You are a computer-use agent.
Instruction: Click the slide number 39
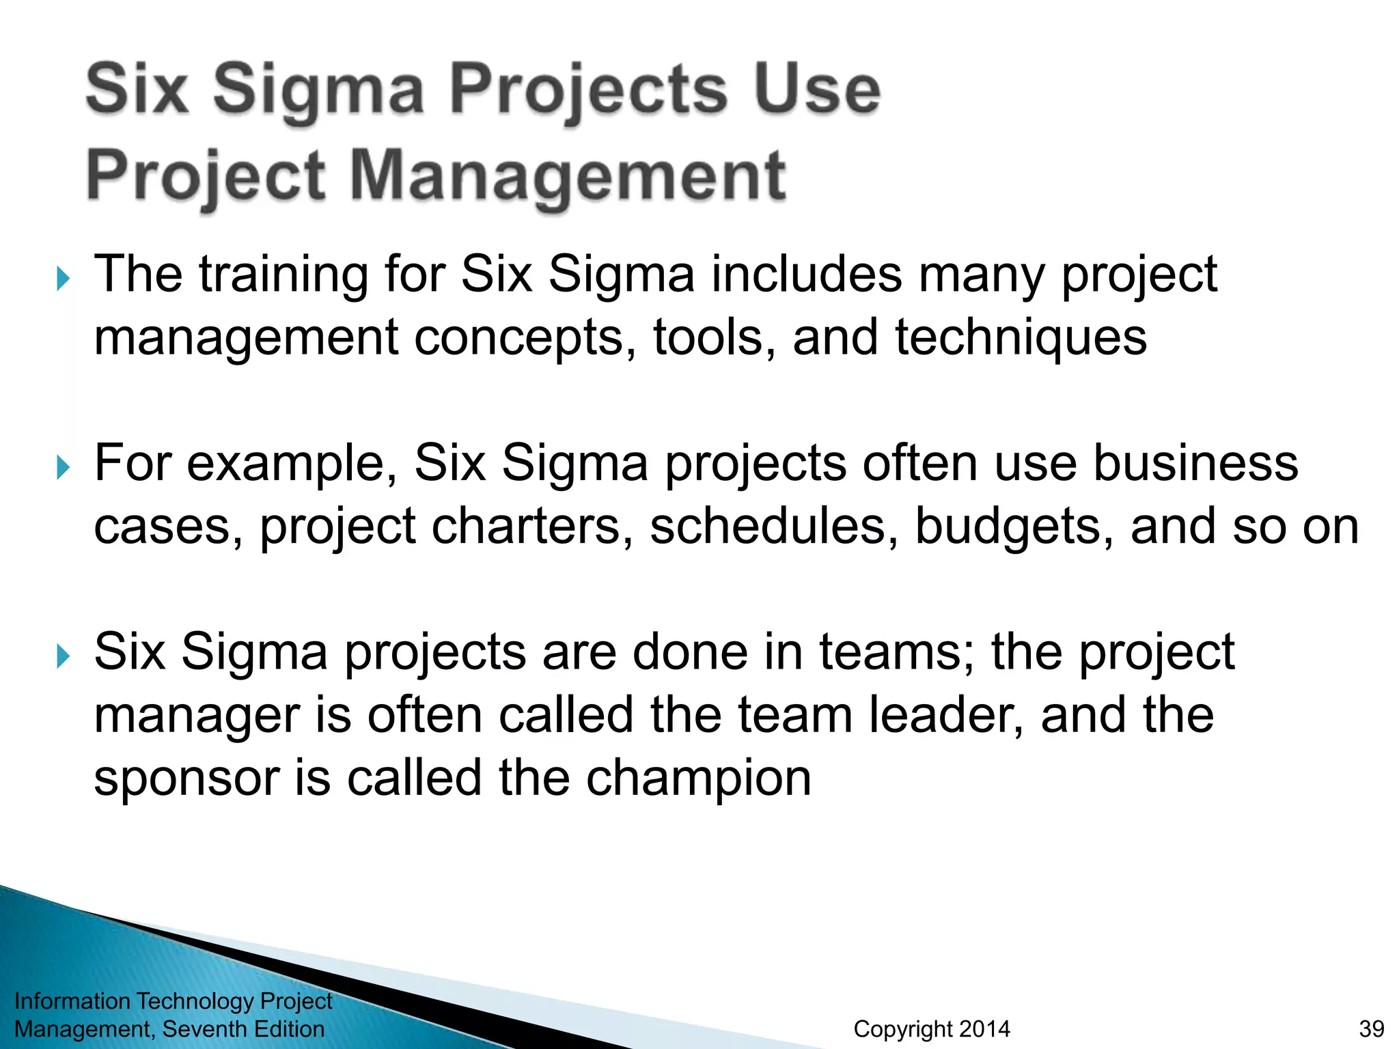tap(1372, 1029)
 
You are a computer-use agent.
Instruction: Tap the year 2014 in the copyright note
tap(984, 1029)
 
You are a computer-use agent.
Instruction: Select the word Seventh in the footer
tap(204, 1029)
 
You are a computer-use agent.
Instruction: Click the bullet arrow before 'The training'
tap(63, 279)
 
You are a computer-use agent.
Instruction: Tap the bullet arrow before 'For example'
tap(63, 468)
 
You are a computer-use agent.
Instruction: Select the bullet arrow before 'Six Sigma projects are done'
tap(63, 656)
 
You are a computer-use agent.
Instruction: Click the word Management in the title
tap(568, 176)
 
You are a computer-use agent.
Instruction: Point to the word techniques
tap(1021, 337)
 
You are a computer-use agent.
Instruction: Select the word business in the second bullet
tap(1195, 463)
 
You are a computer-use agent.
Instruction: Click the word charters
tap(527, 527)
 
